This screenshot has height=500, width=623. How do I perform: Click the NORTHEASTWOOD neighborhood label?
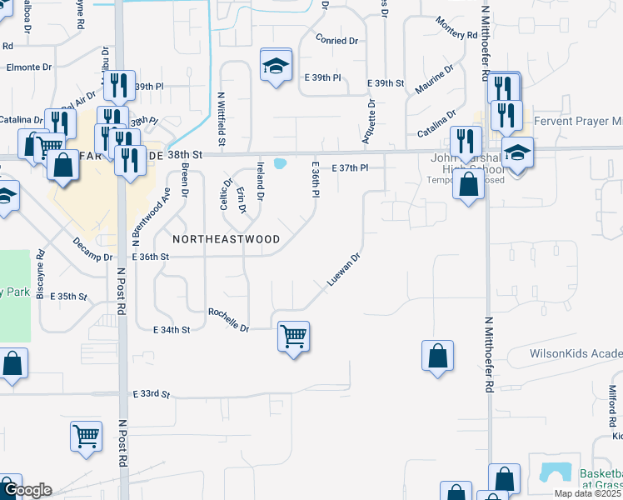(x=226, y=239)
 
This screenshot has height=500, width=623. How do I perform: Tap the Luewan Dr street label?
(x=343, y=270)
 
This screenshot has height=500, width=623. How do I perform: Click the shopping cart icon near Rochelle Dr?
(x=293, y=337)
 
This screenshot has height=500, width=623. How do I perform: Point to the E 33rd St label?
(x=151, y=393)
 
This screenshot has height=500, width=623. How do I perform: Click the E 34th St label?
(x=172, y=330)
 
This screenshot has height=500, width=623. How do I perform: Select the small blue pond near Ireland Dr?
(x=280, y=163)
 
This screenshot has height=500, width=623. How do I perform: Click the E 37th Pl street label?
(x=350, y=168)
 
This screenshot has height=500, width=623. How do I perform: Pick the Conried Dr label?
(x=337, y=39)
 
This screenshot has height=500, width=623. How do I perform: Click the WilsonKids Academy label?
(x=576, y=353)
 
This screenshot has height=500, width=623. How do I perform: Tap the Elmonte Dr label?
(x=29, y=67)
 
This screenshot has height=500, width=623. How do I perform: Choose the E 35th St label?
(x=68, y=296)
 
